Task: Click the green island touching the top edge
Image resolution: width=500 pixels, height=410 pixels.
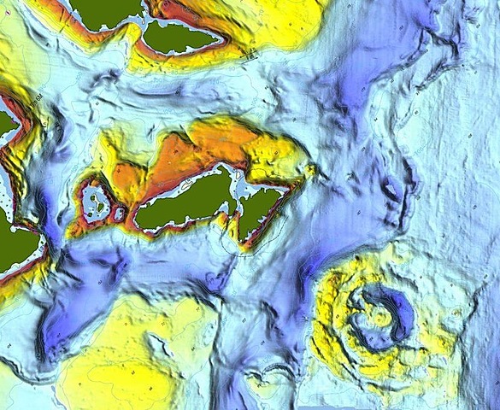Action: click(x=103, y=10)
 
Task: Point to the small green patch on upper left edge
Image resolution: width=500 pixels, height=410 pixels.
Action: click(x=6, y=122)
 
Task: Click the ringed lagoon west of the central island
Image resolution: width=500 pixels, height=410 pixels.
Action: click(x=97, y=202)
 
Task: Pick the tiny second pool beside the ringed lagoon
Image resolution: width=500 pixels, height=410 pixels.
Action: click(x=121, y=212)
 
